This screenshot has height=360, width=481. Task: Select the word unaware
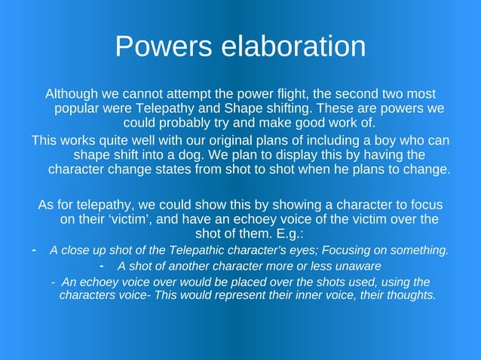point(357,266)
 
